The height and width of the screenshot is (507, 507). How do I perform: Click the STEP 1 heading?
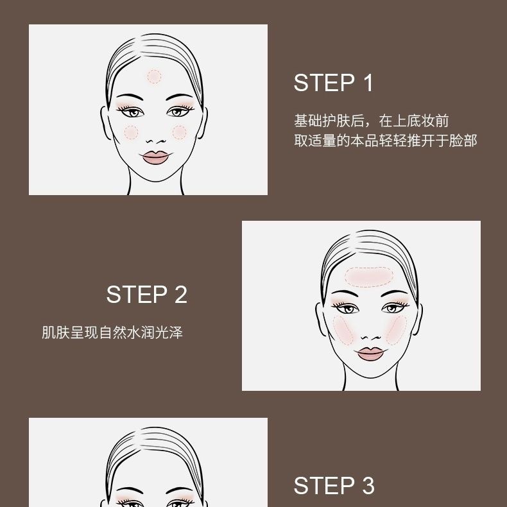[x=333, y=83]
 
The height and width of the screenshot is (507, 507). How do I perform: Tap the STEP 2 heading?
[x=147, y=295]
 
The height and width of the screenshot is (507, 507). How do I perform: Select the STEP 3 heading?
[x=334, y=486]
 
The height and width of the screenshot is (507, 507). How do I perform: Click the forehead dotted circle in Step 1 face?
[x=154, y=76]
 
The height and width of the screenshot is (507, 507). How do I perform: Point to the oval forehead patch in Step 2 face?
[x=369, y=277]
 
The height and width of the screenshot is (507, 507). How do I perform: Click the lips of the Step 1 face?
[x=155, y=157]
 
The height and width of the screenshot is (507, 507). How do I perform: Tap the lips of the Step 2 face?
[x=370, y=354]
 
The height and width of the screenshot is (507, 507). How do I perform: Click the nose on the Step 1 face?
[x=156, y=141]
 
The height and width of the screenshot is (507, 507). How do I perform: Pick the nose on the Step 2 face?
[x=371, y=337]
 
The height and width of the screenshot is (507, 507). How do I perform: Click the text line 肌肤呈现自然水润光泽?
[x=112, y=332]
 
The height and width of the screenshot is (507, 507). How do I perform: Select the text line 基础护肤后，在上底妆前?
[x=372, y=121]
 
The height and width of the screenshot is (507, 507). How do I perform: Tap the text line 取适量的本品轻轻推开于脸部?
[x=386, y=141]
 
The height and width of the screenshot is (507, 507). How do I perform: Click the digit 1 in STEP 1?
[x=368, y=83]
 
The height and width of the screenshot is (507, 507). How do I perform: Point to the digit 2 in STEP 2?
[x=181, y=295]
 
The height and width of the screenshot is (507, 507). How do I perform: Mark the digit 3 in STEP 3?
[x=368, y=486]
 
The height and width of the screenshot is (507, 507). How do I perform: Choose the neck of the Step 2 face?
[x=370, y=384]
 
